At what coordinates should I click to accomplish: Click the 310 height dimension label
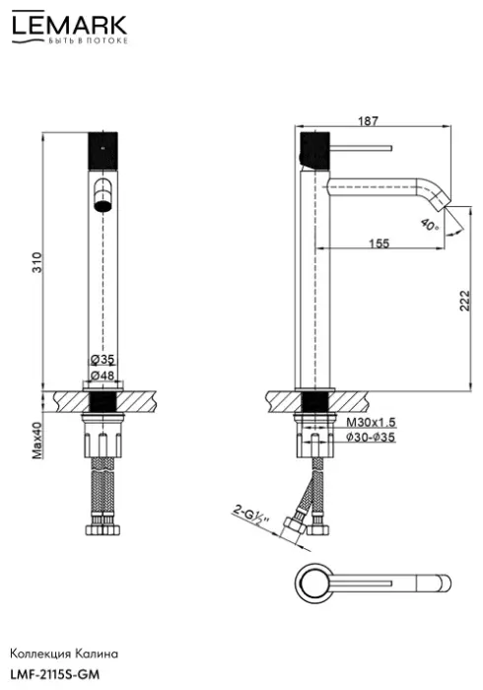click(37, 262)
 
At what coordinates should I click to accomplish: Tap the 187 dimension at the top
click(368, 120)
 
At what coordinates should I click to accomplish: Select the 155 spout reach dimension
click(379, 242)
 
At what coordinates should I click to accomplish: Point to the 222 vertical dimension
click(464, 301)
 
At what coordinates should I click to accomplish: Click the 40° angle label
click(430, 226)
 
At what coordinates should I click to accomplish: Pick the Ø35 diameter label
click(103, 360)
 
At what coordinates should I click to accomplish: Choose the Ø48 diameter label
click(103, 376)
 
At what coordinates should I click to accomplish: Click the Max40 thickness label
click(37, 441)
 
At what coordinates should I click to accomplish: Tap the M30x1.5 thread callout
click(371, 423)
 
